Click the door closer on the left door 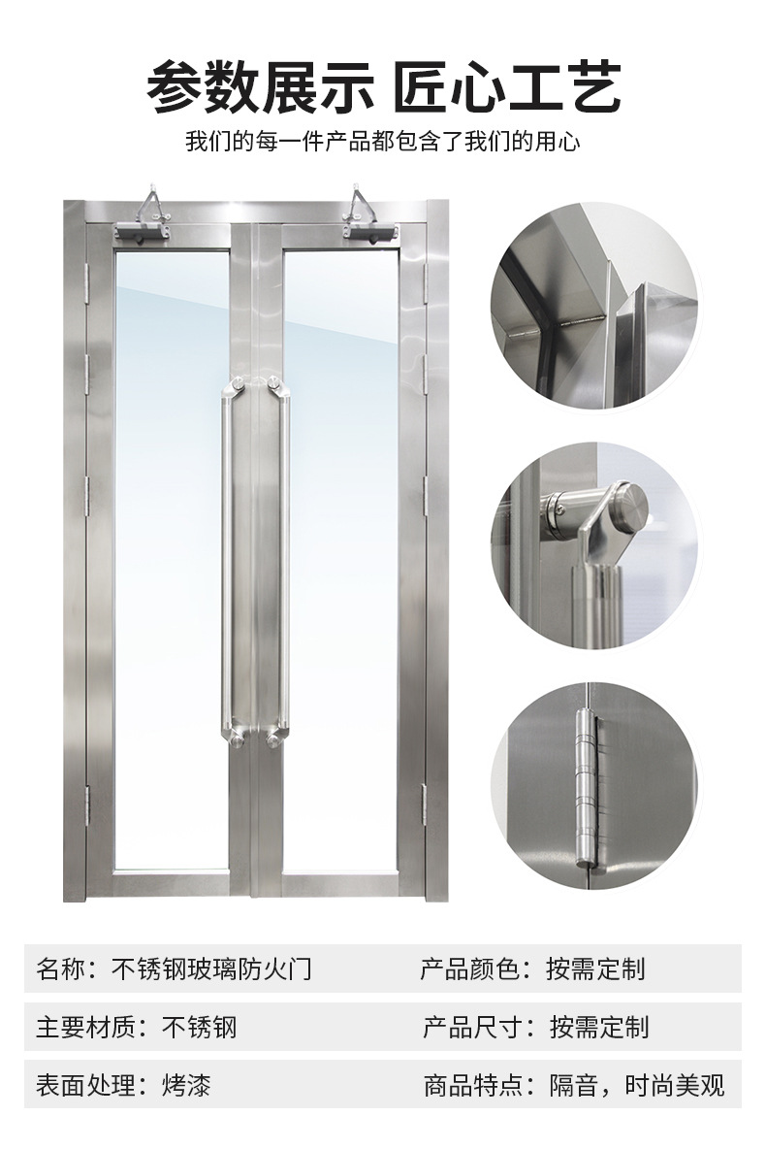click(x=144, y=221)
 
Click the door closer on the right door click(x=368, y=220)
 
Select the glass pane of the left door click(x=172, y=561)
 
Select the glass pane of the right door click(x=340, y=561)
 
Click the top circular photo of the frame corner click(x=594, y=306)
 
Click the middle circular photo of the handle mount click(x=594, y=546)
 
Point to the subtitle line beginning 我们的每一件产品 click(x=383, y=141)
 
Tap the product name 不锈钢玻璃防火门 click(x=211, y=968)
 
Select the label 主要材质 click(x=85, y=1027)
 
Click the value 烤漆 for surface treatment click(x=186, y=1085)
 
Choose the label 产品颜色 click(x=469, y=968)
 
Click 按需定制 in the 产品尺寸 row click(x=599, y=1027)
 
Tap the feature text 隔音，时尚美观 click(x=637, y=1085)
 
